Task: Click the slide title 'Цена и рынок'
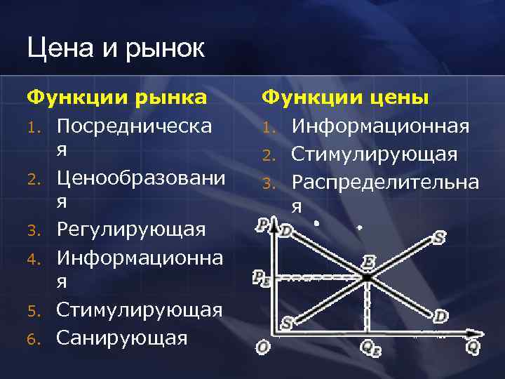[116, 49]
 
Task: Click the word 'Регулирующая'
[131, 230]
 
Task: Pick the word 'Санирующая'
[122, 338]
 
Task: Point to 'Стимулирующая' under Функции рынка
[140, 310]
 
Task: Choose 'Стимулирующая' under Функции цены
[375, 154]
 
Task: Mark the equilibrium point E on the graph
[367, 278]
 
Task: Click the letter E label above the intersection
[368, 262]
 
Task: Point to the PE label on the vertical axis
[261, 279]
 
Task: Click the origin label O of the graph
[262, 347]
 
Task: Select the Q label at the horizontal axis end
[472, 345]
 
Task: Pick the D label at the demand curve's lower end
[440, 317]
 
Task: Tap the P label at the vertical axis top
[262, 226]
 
